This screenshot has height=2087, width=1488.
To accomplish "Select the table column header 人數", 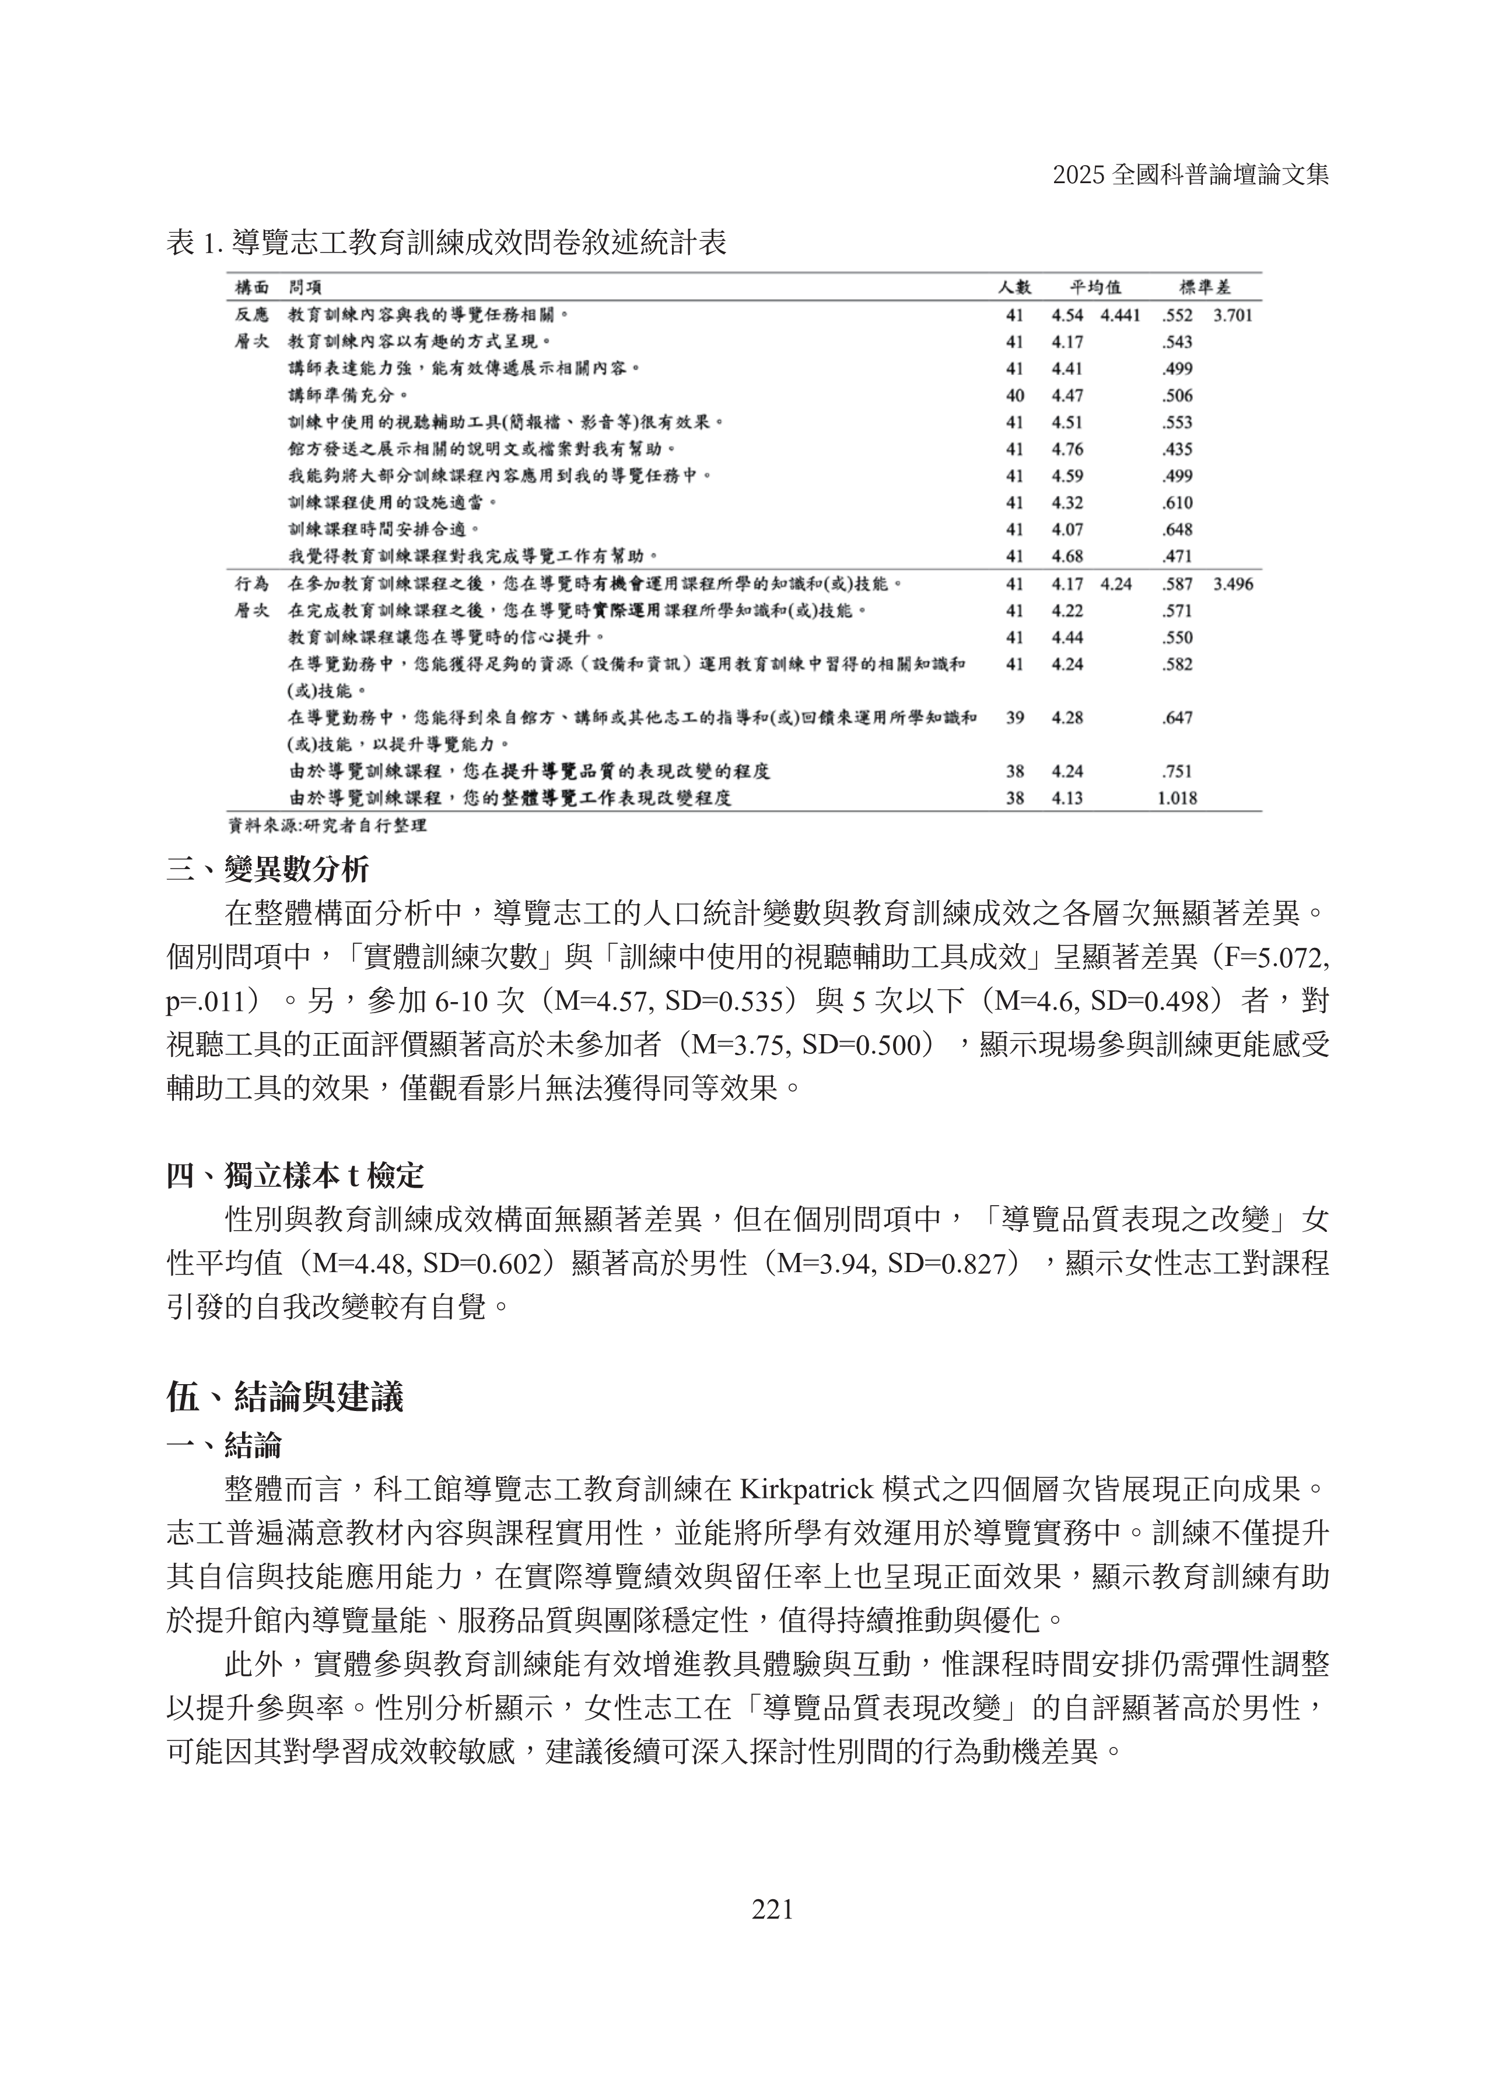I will click(x=1014, y=288).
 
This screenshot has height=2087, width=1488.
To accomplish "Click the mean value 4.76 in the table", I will click(x=1067, y=449).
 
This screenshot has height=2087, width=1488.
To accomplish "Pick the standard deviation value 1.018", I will click(x=1177, y=798).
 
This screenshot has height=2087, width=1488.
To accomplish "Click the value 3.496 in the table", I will click(x=1233, y=584).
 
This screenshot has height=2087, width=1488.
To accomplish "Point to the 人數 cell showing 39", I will click(x=1014, y=717).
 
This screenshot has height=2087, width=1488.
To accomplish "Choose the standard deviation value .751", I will click(x=1177, y=772).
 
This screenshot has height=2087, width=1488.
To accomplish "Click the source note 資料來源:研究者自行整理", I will click(x=327, y=825).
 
